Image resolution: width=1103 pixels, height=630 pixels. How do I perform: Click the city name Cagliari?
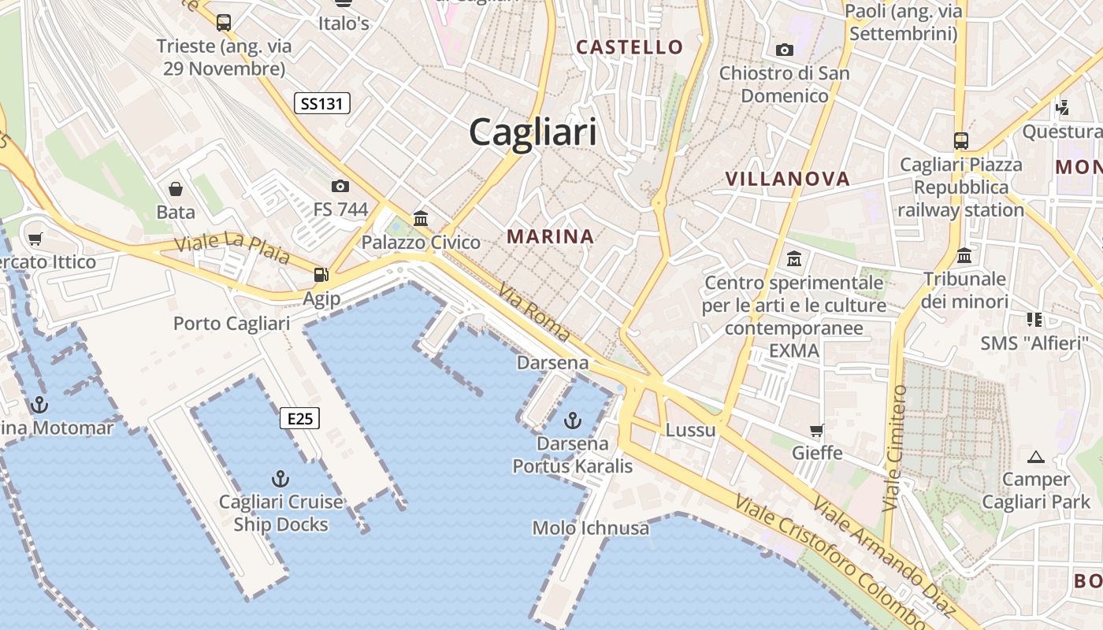pyautogui.click(x=533, y=132)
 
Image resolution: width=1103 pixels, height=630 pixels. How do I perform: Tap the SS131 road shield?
pyautogui.click(x=322, y=102)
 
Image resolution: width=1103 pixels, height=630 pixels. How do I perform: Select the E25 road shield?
pyautogui.click(x=300, y=418)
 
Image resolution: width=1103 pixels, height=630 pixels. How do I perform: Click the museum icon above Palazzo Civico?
pyautogui.click(x=421, y=218)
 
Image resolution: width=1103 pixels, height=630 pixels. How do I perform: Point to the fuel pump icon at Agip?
pyautogui.click(x=321, y=275)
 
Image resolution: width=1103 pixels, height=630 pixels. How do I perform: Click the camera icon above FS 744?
pyautogui.click(x=340, y=186)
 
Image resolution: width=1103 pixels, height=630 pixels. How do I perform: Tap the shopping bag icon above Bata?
pyautogui.click(x=176, y=189)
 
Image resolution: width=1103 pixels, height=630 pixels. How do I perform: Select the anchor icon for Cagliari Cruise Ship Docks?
pyautogui.click(x=280, y=478)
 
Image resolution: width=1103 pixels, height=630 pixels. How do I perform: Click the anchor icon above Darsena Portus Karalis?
pyautogui.click(x=573, y=420)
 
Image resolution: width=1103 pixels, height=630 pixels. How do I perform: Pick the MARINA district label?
pyautogui.click(x=550, y=236)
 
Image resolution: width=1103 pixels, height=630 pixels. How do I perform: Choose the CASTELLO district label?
pyautogui.click(x=629, y=47)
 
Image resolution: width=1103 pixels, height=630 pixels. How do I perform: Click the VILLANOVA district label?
pyautogui.click(x=787, y=179)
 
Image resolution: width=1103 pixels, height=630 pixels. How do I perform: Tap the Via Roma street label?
pyautogui.click(x=533, y=312)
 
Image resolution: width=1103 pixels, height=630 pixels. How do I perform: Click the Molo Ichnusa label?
pyautogui.click(x=591, y=528)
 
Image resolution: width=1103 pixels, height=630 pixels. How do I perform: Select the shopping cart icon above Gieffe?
pyautogui.click(x=817, y=430)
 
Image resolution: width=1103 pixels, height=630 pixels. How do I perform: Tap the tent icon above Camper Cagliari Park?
pyautogui.click(x=1036, y=456)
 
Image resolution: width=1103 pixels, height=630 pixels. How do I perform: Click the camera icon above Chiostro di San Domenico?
pyautogui.click(x=785, y=50)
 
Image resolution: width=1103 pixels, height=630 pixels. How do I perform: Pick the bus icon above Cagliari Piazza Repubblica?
pyautogui.click(x=961, y=141)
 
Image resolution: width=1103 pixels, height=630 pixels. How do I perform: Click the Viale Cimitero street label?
pyautogui.click(x=895, y=448)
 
